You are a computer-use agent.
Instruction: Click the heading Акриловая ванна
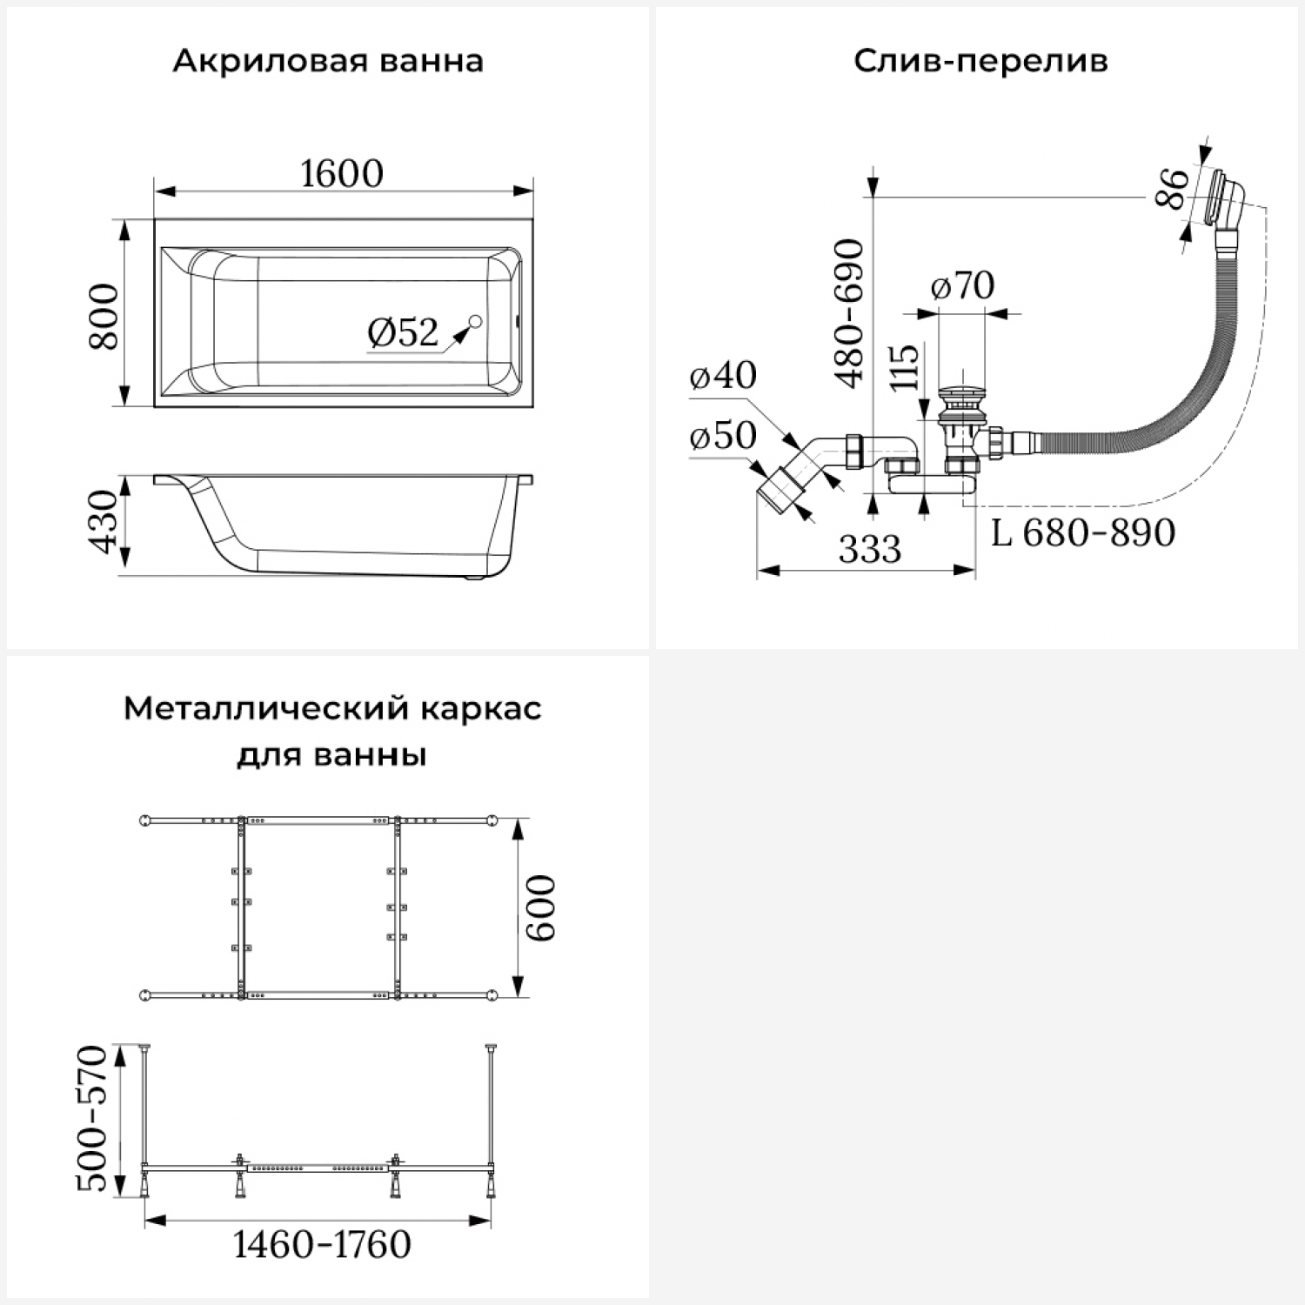[328, 62]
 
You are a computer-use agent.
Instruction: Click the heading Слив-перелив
[980, 62]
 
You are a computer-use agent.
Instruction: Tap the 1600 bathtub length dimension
[342, 174]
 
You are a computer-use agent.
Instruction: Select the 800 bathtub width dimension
[104, 316]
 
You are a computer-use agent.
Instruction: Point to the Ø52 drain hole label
[403, 332]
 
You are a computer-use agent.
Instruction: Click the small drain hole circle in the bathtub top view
[475, 323]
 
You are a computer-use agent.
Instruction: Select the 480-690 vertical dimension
[849, 313]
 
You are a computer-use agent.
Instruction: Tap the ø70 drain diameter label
[962, 286]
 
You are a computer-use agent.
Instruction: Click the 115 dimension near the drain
[905, 366]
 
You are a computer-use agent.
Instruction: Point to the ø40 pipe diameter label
[723, 376]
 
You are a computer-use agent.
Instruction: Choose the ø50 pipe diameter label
[723, 436]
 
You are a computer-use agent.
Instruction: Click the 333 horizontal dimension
[870, 550]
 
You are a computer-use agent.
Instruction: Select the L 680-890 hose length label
[1083, 532]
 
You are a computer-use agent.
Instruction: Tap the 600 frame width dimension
[540, 907]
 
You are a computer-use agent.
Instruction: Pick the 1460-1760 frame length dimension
[322, 1245]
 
